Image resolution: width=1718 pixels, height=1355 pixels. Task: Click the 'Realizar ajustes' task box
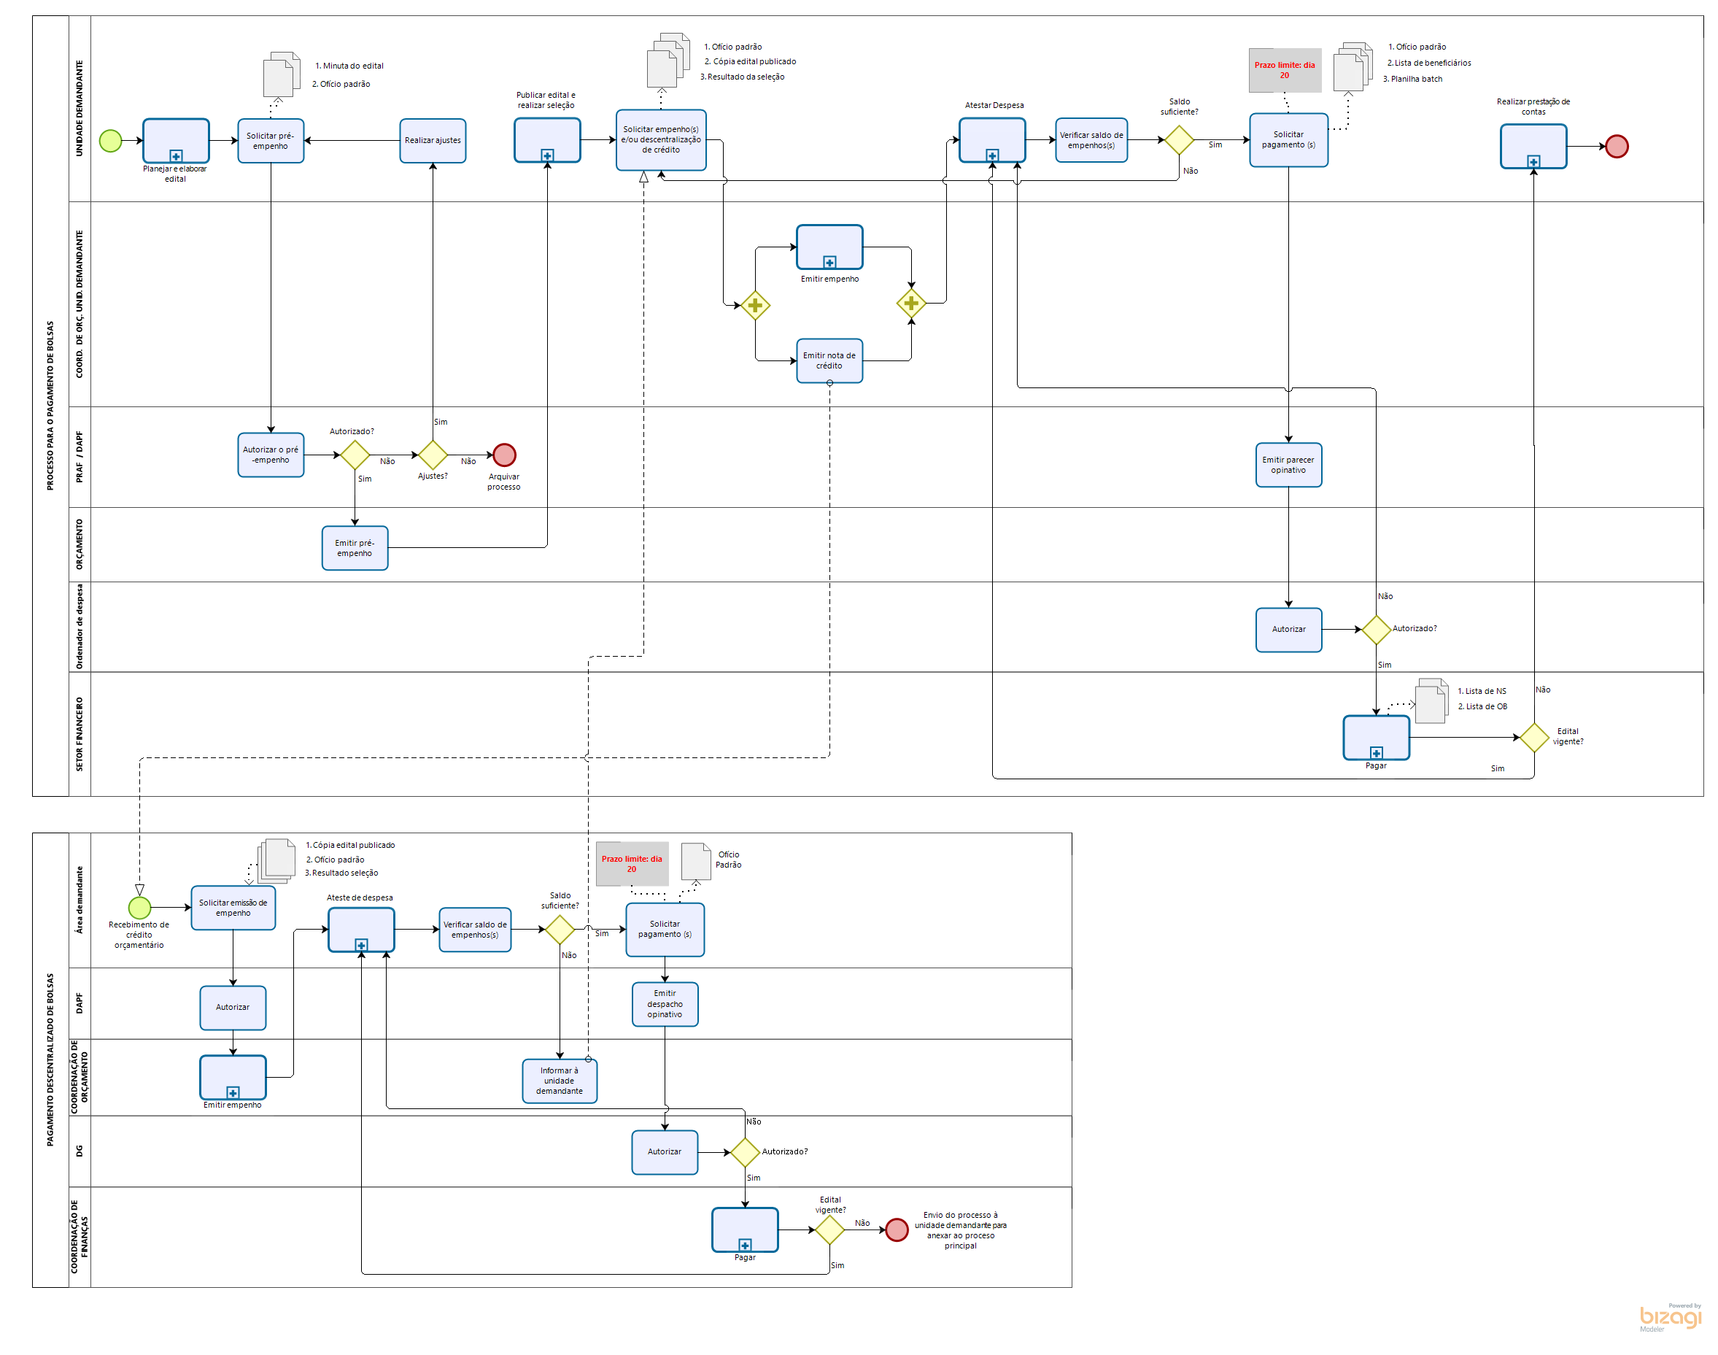tap(433, 140)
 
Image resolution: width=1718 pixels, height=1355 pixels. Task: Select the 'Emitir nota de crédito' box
tap(829, 361)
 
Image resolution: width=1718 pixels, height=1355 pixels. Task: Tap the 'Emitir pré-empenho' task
tap(355, 548)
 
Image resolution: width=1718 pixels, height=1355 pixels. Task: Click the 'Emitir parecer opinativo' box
tap(1288, 465)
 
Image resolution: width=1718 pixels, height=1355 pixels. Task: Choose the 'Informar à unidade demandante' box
tap(560, 1081)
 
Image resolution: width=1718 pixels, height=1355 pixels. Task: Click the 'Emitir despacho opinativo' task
tap(665, 1004)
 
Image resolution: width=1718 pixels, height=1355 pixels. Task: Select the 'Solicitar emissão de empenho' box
tap(233, 908)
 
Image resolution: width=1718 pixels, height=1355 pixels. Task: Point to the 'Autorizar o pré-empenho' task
tap(271, 455)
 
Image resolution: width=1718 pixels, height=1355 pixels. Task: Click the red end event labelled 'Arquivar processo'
tap(504, 455)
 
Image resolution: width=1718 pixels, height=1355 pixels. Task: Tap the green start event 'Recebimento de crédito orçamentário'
tap(139, 908)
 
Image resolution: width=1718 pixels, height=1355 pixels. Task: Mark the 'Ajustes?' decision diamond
tap(433, 455)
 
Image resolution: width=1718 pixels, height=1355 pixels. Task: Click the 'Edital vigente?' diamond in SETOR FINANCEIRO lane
tap(1534, 738)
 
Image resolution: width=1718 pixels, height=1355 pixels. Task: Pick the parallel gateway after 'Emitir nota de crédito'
tap(911, 303)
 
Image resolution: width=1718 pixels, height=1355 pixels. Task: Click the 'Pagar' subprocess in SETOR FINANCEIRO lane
tap(1376, 738)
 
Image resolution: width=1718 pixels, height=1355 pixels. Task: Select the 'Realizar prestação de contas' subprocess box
tap(1533, 146)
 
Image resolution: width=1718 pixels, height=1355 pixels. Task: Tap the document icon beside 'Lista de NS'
tap(1431, 702)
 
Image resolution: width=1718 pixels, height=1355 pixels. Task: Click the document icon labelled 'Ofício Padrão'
tap(696, 862)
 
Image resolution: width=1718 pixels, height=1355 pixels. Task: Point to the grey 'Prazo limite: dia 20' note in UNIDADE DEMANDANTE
tap(1285, 70)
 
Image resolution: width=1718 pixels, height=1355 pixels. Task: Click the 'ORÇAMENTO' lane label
tap(80, 544)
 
